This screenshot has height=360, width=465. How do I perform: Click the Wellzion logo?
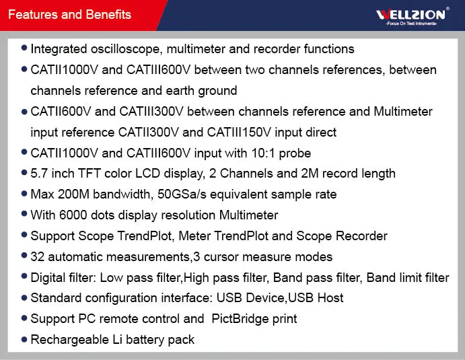[x=410, y=14]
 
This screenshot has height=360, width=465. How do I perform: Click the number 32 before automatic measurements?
[x=38, y=256]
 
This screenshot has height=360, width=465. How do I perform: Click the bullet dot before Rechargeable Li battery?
[x=25, y=338]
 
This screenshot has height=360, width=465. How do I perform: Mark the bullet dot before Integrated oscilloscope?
[x=25, y=48]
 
